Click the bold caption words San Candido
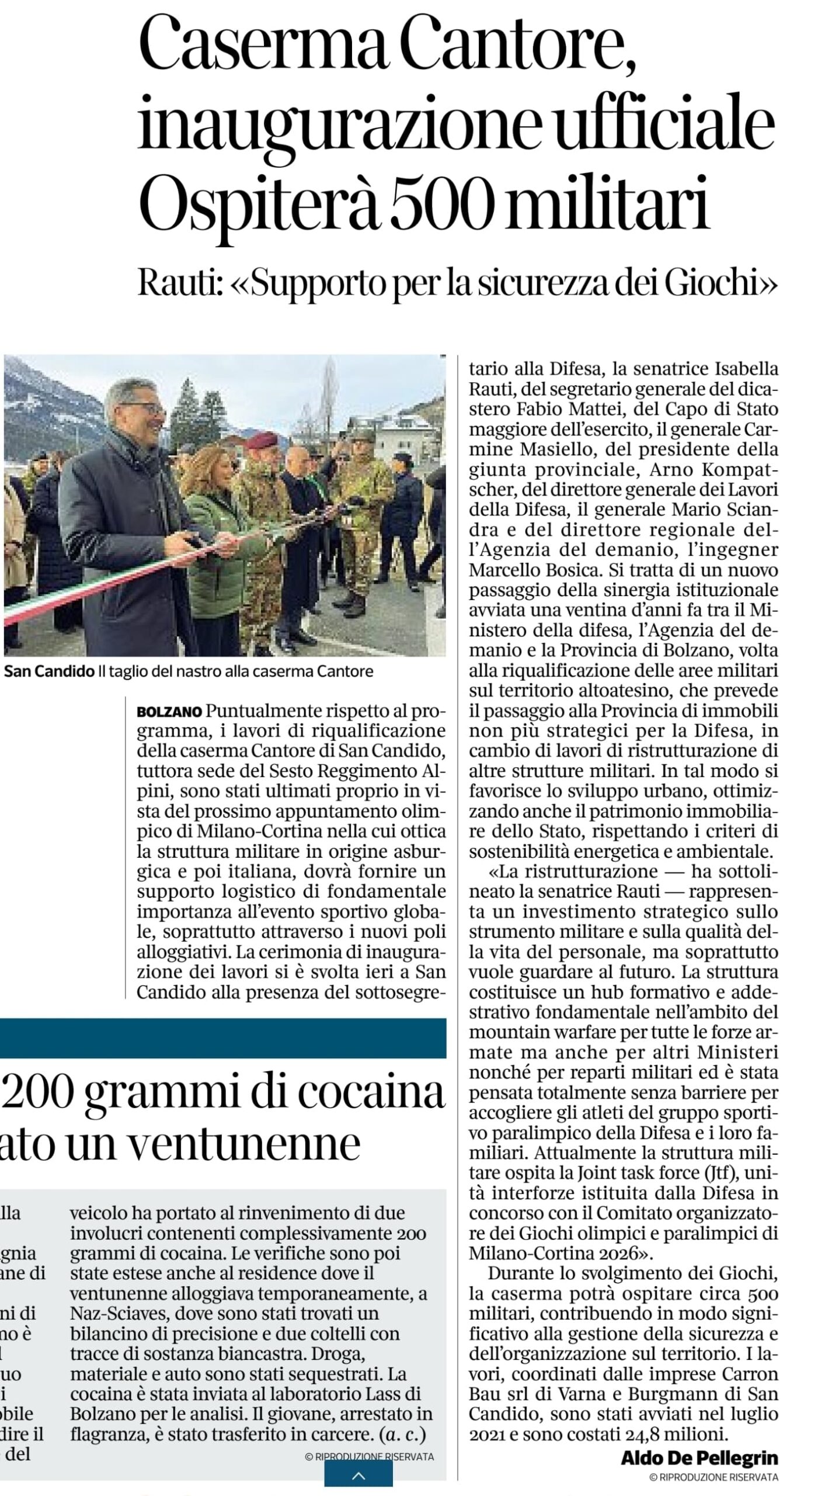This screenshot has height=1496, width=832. [49, 671]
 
